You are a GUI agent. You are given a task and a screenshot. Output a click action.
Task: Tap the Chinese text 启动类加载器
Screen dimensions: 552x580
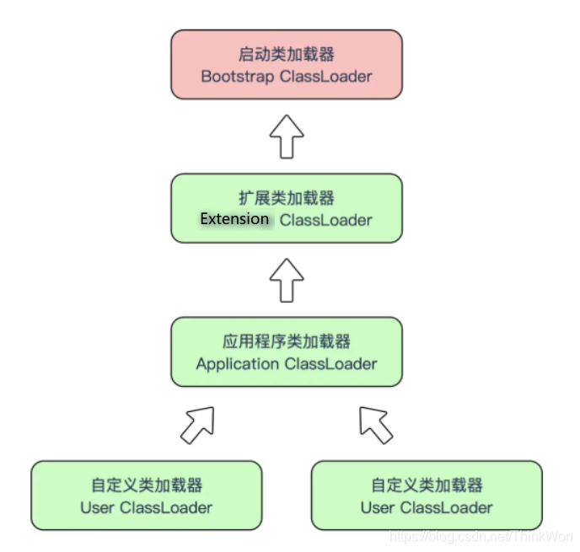(287, 54)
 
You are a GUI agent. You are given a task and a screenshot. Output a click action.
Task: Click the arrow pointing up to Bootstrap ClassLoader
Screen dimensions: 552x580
(287, 136)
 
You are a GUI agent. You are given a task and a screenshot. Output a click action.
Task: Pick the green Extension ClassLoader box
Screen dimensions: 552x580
(287, 208)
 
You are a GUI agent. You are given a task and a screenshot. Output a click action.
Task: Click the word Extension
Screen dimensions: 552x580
(234, 219)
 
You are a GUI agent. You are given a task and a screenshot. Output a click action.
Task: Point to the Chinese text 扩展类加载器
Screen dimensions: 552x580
(287, 198)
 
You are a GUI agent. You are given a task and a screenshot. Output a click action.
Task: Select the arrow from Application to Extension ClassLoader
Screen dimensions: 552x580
(287, 280)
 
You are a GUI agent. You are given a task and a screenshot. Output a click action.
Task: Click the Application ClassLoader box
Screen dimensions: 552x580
(287, 352)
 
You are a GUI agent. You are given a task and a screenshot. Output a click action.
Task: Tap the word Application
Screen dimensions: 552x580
(237, 364)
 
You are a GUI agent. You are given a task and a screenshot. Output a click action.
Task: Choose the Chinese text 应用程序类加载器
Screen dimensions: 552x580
(287, 342)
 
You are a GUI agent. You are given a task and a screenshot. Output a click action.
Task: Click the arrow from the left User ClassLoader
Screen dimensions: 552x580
(197, 425)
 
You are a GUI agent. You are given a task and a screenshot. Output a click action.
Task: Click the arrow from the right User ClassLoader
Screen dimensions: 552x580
(376, 425)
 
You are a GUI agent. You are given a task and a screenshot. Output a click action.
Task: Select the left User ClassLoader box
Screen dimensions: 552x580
(146, 496)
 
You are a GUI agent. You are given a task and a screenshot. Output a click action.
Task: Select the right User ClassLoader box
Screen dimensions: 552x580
(427, 496)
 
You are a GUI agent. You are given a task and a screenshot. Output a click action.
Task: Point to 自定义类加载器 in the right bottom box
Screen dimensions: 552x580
(427, 485)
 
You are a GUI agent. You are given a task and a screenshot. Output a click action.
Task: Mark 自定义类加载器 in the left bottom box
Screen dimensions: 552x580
(147, 485)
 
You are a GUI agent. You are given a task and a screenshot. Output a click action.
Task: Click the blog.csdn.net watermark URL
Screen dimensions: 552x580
(485, 536)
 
